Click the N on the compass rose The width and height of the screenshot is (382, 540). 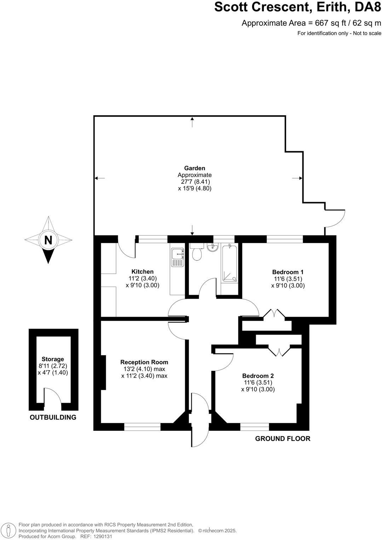[48, 240]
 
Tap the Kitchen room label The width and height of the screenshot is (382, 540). [143, 272]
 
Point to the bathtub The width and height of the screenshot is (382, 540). [230, 263]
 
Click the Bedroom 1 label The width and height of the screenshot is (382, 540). [288, 272]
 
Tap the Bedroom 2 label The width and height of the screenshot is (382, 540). [258, 376]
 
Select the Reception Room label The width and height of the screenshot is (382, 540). [144, 362]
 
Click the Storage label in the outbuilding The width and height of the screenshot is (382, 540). [53, 359]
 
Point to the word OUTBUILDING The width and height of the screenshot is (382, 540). [53, 417]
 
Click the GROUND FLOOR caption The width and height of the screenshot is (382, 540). [283, 439]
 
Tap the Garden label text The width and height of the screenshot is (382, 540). [195, 169]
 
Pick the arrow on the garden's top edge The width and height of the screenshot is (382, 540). [192, 122]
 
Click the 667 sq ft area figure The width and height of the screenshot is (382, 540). [329, 23]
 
